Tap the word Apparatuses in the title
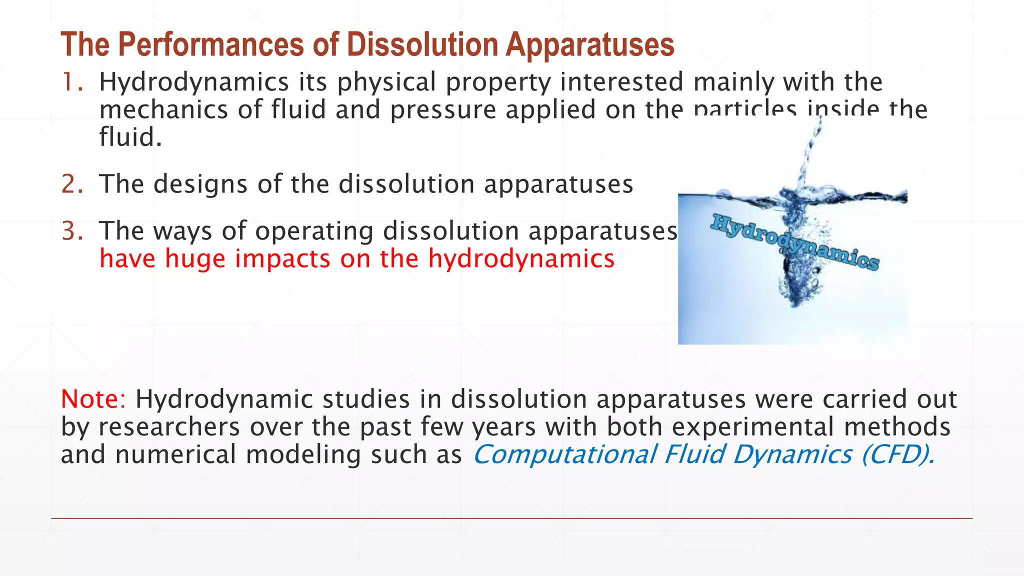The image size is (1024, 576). (589, 45)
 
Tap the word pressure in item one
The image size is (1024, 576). (443, 110)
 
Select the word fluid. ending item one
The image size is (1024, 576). (130, 137)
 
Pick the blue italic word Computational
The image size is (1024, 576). (564, 454)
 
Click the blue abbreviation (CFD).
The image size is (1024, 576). (898, 454)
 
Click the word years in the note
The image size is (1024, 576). (503, 427)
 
